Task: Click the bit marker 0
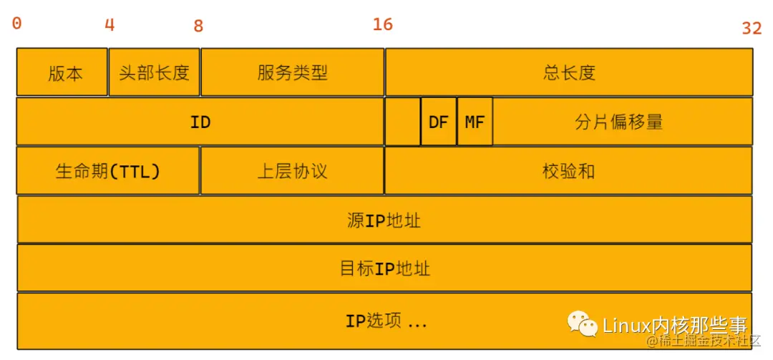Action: pos(17,24)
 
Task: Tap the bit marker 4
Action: pos(110,25)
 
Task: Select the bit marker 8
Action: pos(198,26)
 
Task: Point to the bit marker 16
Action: pos(383,24)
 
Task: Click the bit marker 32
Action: pos(752,28)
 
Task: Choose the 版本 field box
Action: pos(62,72)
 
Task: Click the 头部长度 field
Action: pos(154,72)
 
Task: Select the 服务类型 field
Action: pos(292,72)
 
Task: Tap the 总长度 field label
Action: pos(569,72)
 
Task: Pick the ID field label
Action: pos(200,122)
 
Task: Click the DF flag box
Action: pos(438,122)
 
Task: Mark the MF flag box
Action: pos(475,122)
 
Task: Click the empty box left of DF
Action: pos(402,122)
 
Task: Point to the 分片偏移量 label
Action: pos(619,122)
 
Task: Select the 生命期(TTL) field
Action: pos(107,171)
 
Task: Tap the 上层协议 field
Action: pos(292,171)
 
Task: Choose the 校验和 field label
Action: pos(568,171)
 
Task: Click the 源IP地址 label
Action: pos(384,220)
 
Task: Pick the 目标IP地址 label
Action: pos(384,268)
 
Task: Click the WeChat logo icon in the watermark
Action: pos(583,323)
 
